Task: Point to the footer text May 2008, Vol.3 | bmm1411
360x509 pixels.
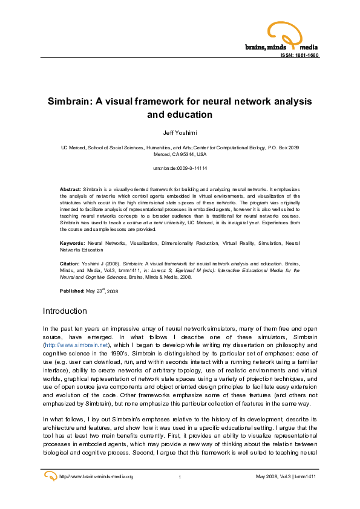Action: pyautogui.click(x=287, y=477)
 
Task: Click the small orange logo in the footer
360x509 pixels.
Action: pyautogui.click(x=51, y=476)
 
